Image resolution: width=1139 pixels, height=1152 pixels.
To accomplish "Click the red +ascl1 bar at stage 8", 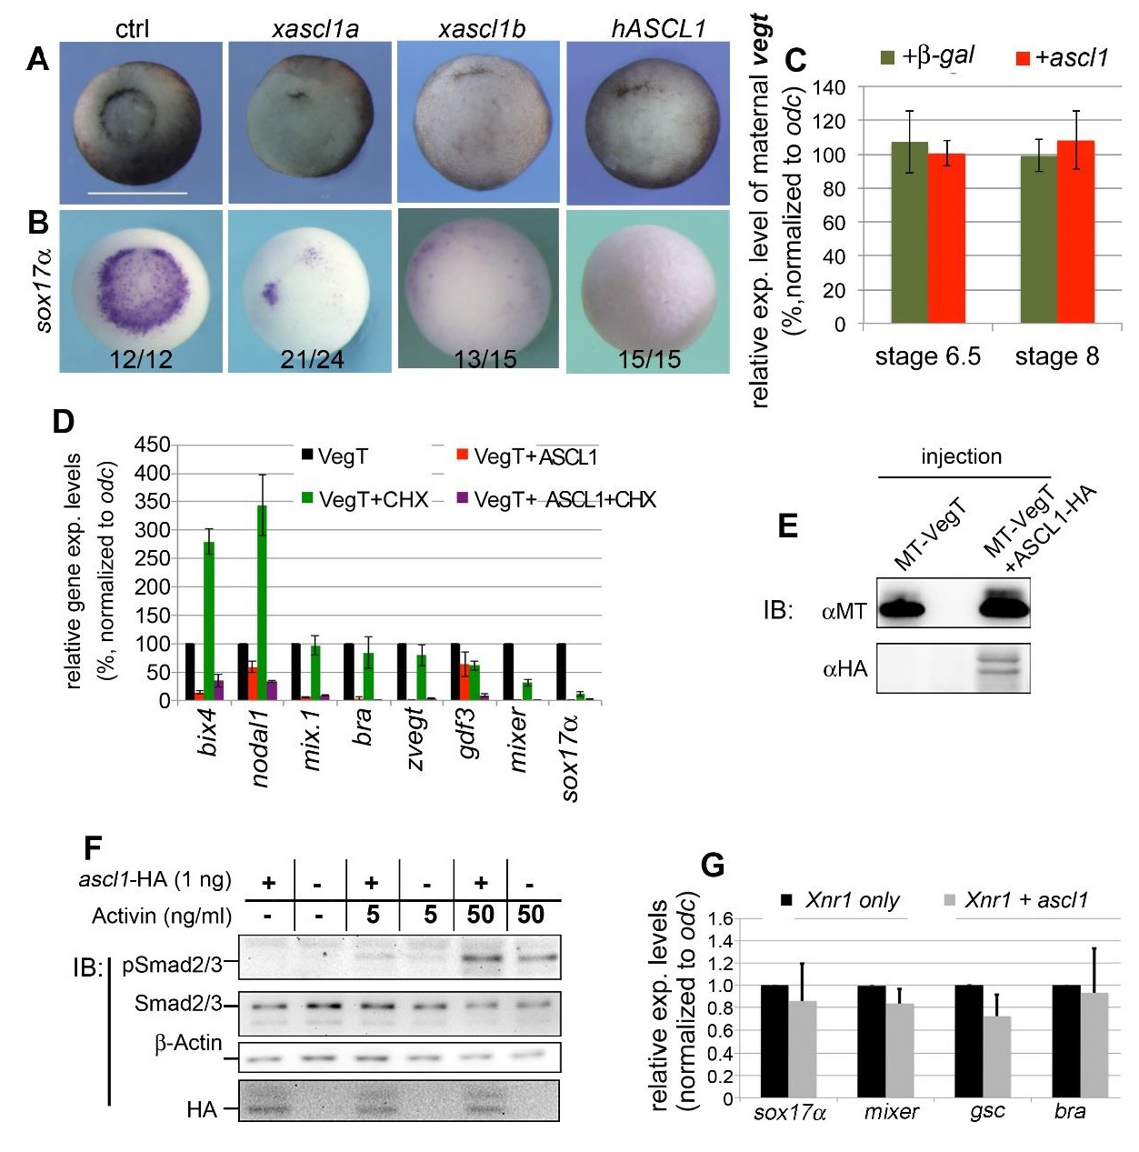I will (x=1075, y=232).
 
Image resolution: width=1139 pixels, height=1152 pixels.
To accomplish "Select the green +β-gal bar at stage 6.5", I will (x=909, y=233).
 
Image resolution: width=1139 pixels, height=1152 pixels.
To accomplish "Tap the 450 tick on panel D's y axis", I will (x=152, y=445).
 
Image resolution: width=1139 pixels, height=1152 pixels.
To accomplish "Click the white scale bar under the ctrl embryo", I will (x=137, y=193).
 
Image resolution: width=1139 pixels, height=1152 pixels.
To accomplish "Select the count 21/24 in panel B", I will (x=312, y=360).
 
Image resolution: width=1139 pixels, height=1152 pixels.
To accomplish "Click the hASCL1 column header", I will (x=658, y=29).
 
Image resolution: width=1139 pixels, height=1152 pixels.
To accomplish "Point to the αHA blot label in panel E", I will (x=844, y=669).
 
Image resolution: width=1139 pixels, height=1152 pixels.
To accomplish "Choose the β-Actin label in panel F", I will (x=188, y=1043).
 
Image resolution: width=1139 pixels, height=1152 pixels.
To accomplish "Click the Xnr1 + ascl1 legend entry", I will (x=1025, y=900).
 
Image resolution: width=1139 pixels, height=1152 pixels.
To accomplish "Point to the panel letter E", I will (x=787, y=526).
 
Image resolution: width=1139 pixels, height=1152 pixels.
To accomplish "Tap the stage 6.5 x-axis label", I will (x=927, y=356).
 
